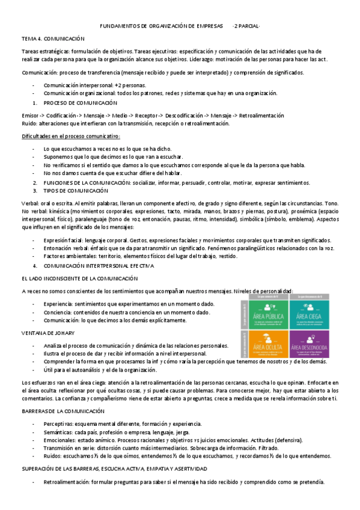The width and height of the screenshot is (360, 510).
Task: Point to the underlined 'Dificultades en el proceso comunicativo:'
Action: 71,137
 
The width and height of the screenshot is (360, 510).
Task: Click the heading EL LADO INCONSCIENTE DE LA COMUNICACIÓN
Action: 79,278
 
